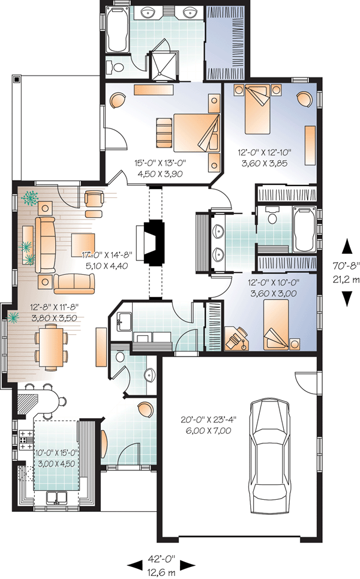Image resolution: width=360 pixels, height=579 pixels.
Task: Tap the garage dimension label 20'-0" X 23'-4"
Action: coord(209,419)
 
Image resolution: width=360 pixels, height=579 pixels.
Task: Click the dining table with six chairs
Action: coord(52,347)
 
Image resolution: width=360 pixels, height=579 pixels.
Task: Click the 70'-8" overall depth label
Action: coord(346,265)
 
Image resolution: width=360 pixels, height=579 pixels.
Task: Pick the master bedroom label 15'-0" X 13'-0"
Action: coord(160,163)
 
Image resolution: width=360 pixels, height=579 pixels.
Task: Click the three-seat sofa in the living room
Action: coord(46,245)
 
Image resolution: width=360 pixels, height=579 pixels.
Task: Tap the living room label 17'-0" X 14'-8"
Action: coord(107,254)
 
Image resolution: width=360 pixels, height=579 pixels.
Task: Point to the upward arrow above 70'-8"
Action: coord(347,246)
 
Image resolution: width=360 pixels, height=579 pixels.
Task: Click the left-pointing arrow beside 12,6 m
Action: coord(135,565)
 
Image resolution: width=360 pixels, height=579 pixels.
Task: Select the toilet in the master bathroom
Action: coord(115,67)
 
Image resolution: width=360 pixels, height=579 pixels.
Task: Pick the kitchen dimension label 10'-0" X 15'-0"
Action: coord(56,453)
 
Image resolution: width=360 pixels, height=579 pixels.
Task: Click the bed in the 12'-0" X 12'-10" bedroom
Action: coord(257,109)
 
